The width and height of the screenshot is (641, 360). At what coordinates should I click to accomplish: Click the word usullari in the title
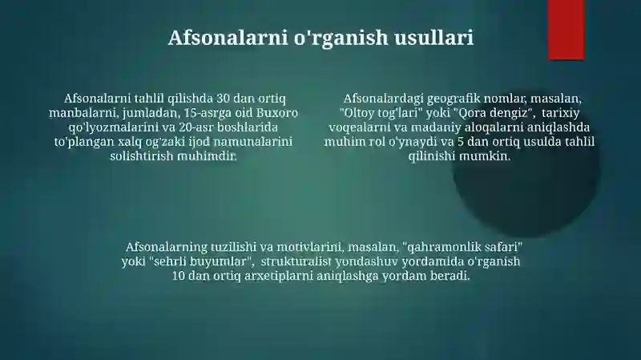(433, 37)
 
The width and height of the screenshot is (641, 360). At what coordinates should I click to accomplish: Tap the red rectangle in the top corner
(566, 30)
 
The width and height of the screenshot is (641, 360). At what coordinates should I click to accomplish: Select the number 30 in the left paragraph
(223, 99)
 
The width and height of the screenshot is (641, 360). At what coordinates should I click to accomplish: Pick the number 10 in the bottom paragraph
(179, 276)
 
